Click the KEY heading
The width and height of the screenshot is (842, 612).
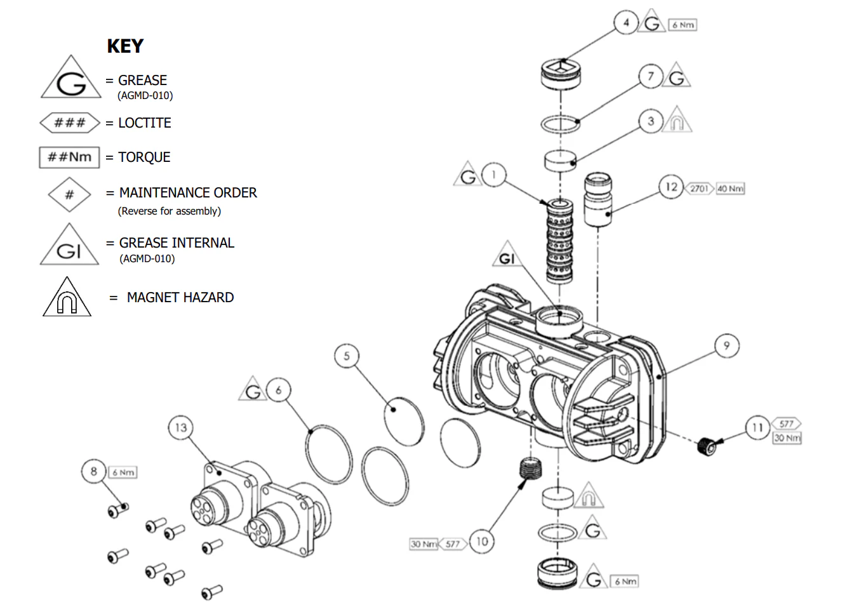[x=125, y=46]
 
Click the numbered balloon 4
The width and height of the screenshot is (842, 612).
[x=625, y=23]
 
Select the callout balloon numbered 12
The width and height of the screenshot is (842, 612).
[x=671, y=187]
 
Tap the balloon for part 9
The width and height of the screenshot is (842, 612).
[x=726, y=346]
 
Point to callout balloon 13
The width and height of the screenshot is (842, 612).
[x=181, y=428]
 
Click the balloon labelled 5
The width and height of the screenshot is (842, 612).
[x=347, y=356]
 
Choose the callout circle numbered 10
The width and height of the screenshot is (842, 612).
[x=482, y=542]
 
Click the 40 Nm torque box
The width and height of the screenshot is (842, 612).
[x=730, y=189]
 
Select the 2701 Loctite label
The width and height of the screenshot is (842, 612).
[x=699, y=189]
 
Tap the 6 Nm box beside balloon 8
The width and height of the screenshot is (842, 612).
[x=123, y=472]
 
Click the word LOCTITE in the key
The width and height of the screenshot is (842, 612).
[x=145, y=123]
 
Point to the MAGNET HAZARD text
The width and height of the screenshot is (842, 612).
[x=180, y=298]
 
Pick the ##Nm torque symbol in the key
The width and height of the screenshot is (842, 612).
[x=70, y=157]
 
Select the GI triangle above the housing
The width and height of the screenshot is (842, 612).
[x=506, y=256]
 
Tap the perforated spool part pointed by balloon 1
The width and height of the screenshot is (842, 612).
[x=559, y=241]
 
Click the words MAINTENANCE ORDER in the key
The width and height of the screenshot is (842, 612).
[x=188, y=193]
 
